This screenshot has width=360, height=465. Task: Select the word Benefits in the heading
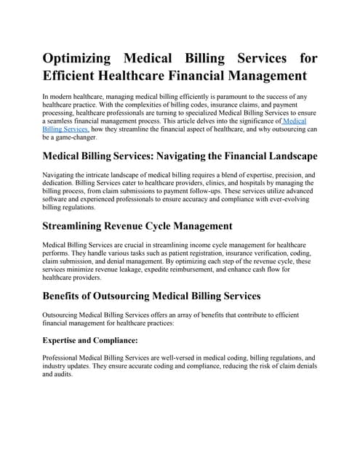click(x=68, y=296)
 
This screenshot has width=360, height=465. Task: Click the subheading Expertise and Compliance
click(x=90, y=340)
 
